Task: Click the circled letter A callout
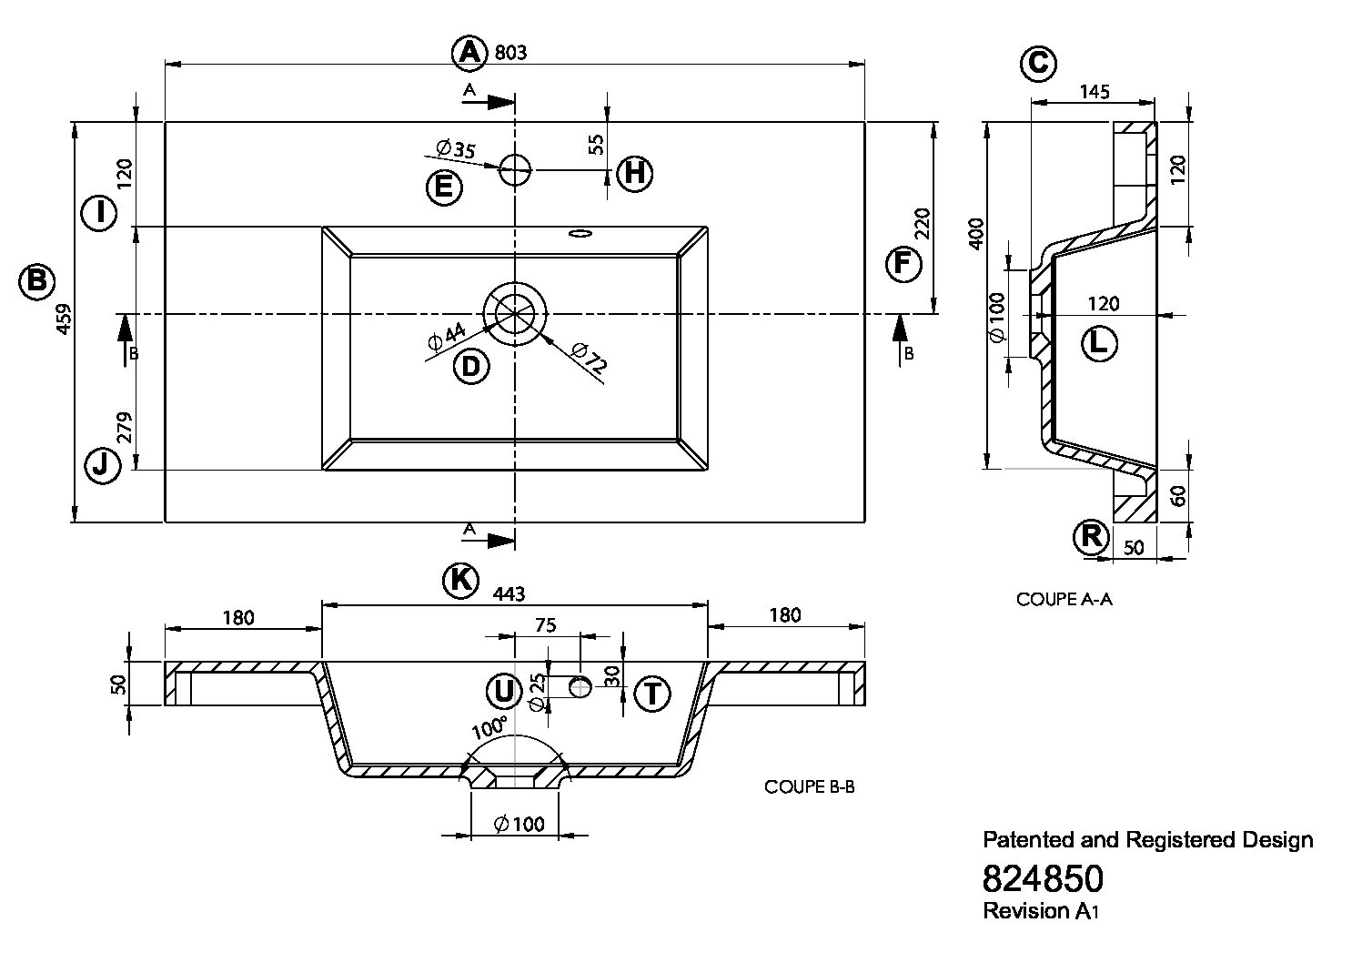469,52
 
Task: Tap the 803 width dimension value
510,53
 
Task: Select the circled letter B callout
36,281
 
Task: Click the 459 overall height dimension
64,319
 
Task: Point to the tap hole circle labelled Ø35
515,169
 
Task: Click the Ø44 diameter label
446,337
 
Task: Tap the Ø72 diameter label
590,357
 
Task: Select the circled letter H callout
635,173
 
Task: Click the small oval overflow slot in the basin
580,233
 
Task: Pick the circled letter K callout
460,581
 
